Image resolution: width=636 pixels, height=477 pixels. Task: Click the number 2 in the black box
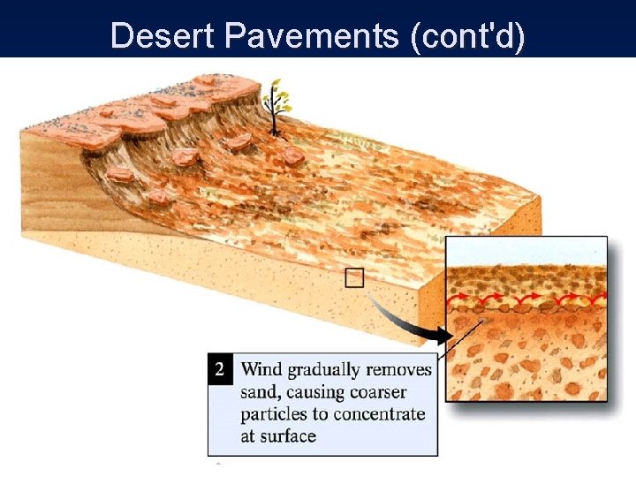pos(220,368)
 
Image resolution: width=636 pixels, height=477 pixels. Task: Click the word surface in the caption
pos(286,435)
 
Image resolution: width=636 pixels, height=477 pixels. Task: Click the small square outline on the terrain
pos(354,278)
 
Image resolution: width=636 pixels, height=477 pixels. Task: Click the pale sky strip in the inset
pos(527,251)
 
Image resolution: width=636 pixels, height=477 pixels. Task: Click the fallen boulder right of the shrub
pos(293,156)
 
